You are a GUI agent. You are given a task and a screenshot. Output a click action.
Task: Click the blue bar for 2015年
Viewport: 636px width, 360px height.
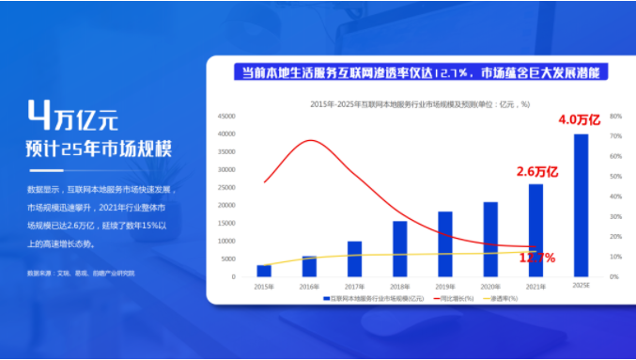pyautogui.click(x=264, y=271)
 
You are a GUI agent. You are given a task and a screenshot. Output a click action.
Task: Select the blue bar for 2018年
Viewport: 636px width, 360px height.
pyautogui.click(x=399, y=249)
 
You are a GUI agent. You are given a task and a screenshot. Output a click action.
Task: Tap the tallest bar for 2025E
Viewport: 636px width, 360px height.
pyautogui.click(x=582, y=206)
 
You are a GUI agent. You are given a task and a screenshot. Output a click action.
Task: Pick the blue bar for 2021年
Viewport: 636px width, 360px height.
pyautogui.click(x=535, y=230)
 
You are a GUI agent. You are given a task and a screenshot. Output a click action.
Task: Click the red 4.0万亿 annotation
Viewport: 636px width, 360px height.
pyautogui.click(x=579, y=120)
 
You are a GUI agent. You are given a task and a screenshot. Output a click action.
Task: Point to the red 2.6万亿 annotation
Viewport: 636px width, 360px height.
pyautogui.click(x=537, y=171)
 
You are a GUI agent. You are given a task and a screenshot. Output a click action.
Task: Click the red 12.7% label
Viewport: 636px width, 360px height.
pyautogui.click(x=536, y=258)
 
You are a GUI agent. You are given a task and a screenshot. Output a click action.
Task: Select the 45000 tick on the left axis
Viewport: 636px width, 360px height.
pyautogui.click(x=226, y=117)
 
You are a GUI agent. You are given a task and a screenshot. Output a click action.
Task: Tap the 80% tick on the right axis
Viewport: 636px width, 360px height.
pyautogui.click(x=615, y=117)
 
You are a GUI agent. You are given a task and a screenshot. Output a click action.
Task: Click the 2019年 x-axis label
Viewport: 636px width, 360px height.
pyautogui.click(x=444, y=286)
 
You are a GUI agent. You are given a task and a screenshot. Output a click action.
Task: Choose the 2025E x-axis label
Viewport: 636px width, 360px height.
pyautogui.click(x=582, y=286)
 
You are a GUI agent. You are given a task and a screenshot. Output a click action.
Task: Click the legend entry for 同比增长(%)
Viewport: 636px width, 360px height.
pyautogui.click(x=455, y=298)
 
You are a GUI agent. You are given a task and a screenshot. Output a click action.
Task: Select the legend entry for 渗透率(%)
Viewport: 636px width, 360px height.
pyautogui.click(x=506, y=298)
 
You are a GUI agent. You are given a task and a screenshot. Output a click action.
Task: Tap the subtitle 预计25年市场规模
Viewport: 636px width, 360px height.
pyautogui.click(x=100, y=149)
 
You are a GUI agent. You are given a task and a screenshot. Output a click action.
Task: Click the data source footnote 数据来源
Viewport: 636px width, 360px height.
pyautogui.click(x=82, y=273)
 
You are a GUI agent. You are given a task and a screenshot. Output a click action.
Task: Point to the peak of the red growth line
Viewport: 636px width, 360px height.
pyautogui.click(x=310, y=140)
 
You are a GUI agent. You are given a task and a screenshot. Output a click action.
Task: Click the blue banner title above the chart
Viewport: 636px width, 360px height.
pyautogui.click(x=420, y=71)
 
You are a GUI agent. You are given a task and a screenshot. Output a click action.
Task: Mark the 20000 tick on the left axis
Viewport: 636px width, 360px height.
pyautogui.click(x=226, y=206)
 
